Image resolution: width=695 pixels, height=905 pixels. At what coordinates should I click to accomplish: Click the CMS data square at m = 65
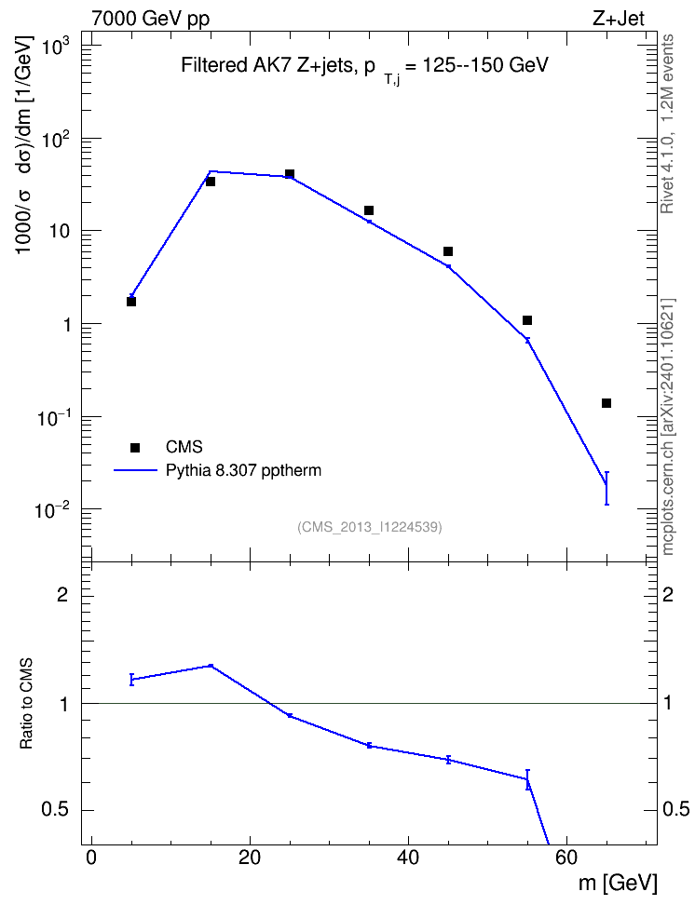click(x=606, y=403)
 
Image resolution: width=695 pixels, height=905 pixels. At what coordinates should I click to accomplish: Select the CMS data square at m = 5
click(x=131, y=302)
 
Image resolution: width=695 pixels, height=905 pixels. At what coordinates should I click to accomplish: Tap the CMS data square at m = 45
click(x=448, y=251)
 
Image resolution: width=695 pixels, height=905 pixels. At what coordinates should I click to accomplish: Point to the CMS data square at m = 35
click(x=369, y=210)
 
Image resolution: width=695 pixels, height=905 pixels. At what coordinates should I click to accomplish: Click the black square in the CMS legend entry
click(x=135, y=447)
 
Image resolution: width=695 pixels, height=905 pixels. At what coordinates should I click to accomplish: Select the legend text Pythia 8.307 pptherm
click(x=243, y=470)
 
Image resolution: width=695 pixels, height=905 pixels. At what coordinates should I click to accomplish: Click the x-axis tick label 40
click(x=408, y=858)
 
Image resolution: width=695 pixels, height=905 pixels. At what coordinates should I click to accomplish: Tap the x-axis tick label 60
click(x=566, y=858)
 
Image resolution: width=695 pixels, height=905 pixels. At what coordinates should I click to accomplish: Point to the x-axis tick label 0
click(x=91, y=858)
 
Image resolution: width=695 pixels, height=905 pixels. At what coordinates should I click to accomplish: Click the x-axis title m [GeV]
click(x=618, y=883)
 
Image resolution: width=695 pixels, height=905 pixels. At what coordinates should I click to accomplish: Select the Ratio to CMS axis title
click(x=26, y=704)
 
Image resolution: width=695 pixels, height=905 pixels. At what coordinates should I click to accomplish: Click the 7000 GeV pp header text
click(x=150, y=19)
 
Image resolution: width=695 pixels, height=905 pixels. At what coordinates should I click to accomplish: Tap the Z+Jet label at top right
click(x=618, y=19)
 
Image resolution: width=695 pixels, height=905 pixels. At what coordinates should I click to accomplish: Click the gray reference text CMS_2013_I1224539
click(x=370, y=526)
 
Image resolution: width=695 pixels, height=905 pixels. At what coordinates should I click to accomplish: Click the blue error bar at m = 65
click(x=606, y=488)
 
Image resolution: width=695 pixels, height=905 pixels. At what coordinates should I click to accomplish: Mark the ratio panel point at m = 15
click(x=211, y=666)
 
